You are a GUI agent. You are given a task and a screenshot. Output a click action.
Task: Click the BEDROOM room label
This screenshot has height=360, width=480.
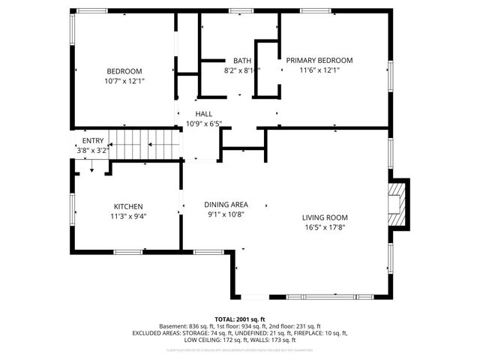(x=124, y=71)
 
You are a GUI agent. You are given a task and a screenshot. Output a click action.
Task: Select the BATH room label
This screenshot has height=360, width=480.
(x=241, y=61)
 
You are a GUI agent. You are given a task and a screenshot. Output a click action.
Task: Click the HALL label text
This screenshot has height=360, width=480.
(x=204, y=115)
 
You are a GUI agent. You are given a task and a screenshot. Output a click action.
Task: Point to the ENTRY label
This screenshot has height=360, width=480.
(x=93, y=140)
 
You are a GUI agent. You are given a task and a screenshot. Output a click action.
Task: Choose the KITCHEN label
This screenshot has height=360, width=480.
(x=128, y=207)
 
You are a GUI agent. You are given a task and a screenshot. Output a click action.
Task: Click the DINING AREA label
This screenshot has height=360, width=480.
(x=226, y=204)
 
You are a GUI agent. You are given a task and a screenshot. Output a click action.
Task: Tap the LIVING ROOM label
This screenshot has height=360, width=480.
(x=325, y=217)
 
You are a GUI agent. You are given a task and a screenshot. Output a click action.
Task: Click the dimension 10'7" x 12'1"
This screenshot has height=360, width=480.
(x=124, y=80)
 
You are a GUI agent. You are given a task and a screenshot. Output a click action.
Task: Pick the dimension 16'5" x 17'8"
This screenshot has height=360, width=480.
(x=325, y=227)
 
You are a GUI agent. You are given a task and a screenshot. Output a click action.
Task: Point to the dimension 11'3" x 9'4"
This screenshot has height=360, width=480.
(x=128, y=216)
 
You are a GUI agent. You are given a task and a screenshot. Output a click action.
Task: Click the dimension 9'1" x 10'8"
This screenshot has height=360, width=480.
(x=226, y=214)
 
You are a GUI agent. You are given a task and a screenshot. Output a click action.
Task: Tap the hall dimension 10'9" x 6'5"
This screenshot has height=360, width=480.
(x=204, y=124)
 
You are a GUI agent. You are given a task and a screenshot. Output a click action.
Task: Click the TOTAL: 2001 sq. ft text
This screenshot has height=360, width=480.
(x=239, y=319)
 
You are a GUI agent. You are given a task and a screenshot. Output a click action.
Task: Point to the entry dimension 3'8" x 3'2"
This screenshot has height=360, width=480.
(x=93, y=150)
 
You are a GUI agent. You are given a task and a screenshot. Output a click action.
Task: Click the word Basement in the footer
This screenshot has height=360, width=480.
(x=174, y=326)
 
